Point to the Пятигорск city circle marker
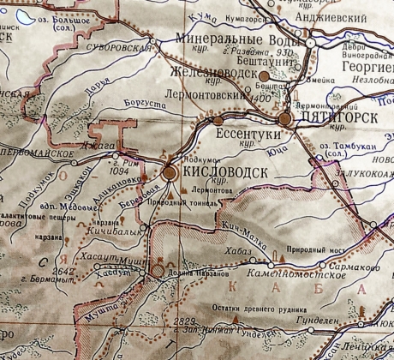tap(286, 119)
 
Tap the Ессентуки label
tap(249, 135)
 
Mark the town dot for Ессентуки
tap(204, 121)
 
